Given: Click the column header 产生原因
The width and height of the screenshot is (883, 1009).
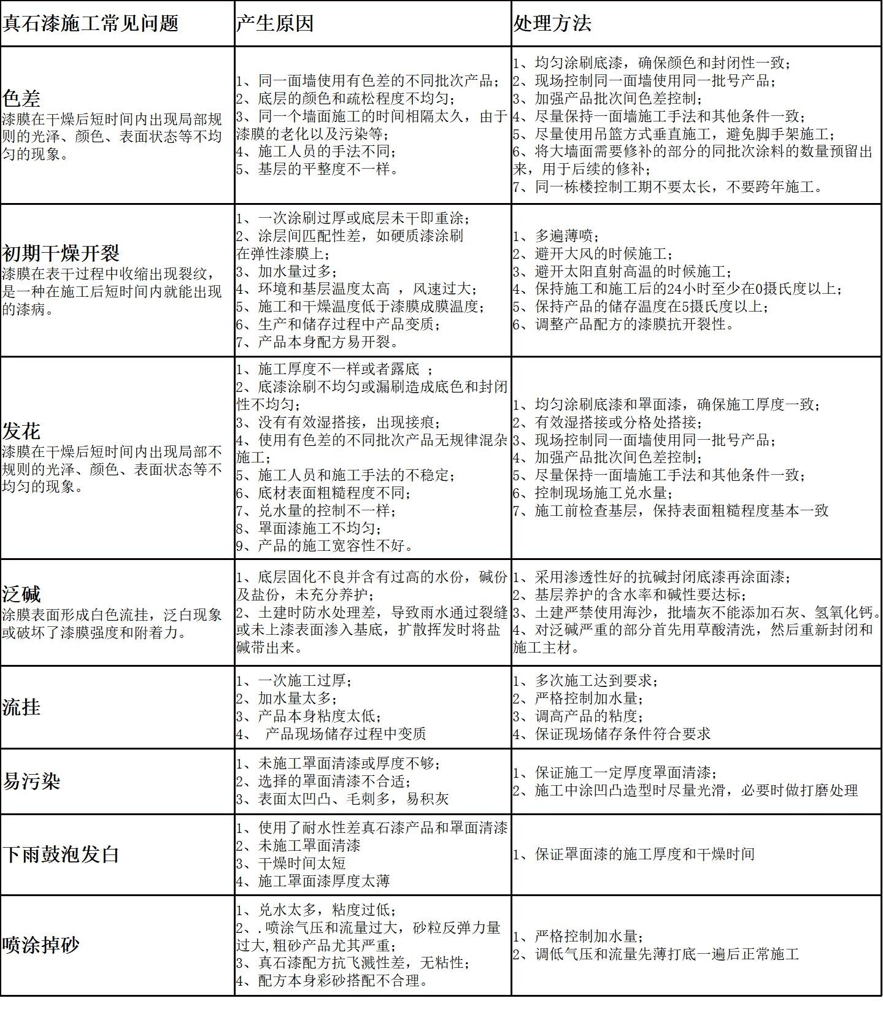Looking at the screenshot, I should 275,23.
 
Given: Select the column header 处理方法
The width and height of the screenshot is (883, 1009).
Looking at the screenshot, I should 552,23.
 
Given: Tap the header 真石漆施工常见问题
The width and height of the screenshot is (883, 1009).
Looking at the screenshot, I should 91,23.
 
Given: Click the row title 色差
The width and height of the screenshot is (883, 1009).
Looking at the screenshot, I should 21,98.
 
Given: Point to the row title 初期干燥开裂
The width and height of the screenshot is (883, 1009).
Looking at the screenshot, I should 61,253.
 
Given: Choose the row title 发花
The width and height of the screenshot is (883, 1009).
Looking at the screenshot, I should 21,431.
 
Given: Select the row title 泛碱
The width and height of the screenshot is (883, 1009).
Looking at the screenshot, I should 21,594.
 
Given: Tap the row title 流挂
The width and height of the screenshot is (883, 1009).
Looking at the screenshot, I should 21,707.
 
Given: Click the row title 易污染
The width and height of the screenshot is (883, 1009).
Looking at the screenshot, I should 31,781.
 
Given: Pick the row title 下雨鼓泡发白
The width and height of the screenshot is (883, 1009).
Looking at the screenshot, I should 61,854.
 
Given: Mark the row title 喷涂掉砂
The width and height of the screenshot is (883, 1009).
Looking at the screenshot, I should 41,945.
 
